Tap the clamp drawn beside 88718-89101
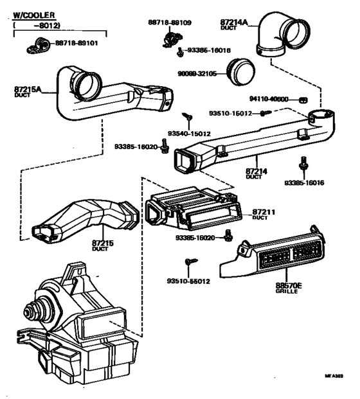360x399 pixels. (37, 46)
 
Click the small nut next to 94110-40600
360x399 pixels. (307, 99)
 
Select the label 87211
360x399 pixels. (264, 211)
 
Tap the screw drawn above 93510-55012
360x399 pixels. (189, 263)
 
